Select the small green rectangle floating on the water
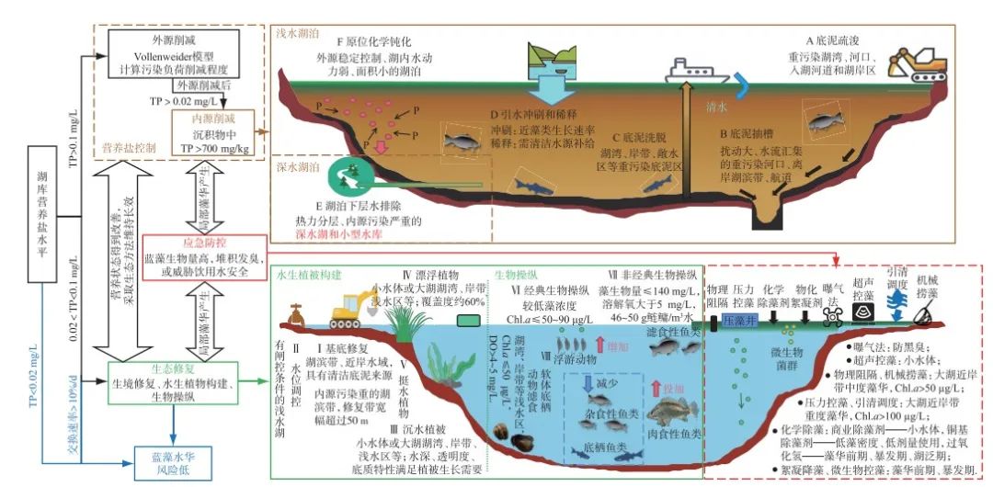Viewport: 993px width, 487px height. (x=467, y=321)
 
